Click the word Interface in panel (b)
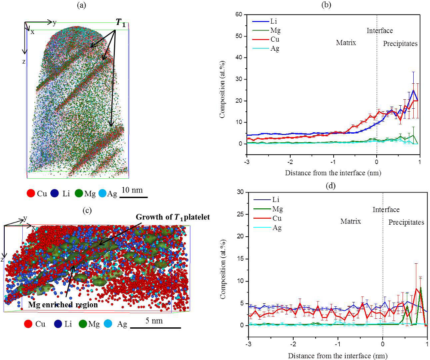380,31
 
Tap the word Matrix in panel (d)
350,221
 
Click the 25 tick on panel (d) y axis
243,214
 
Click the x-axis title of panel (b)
333,173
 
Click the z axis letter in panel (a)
24,61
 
